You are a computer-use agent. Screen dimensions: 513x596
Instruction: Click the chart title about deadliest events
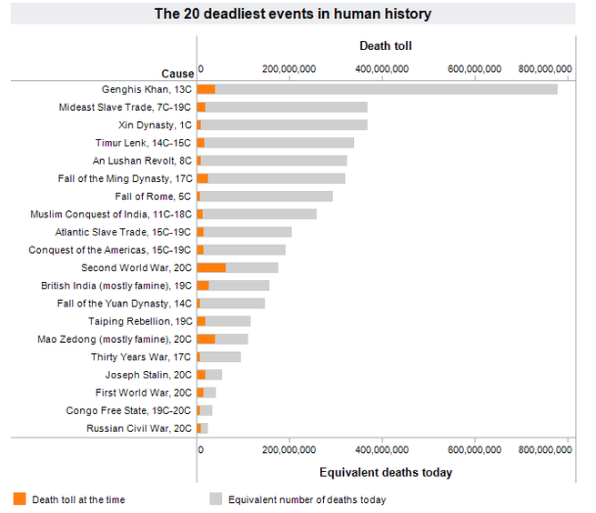tap(292, 14)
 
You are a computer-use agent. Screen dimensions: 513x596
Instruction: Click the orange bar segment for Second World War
tap(212, 267)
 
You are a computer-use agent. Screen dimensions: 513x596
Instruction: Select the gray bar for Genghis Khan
tap(386, 89)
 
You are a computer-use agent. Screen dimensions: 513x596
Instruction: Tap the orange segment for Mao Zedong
tap(207, 338)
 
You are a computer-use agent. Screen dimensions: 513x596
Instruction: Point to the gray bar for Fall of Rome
tap(266, 196)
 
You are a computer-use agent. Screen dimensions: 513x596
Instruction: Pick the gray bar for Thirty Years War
tap(220, 357)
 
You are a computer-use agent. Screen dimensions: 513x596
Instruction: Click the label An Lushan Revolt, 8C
tap(142, 161)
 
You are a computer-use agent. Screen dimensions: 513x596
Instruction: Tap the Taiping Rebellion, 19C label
tap(140, 321)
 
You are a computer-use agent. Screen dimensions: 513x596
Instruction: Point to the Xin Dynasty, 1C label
tap(155, 125)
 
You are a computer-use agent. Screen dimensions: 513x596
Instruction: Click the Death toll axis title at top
tap(386, 45)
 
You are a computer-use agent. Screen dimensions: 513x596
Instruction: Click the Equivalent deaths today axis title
tap(386, 472)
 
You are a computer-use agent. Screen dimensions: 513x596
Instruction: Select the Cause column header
tap(177, 74)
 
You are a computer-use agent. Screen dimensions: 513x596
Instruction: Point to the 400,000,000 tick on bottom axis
tap(383, 448)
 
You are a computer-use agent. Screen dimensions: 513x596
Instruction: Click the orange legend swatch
tap(20, 498)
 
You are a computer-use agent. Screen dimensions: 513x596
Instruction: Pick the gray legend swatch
tap(216, 498)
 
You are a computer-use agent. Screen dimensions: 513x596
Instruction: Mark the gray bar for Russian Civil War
tap(205, 427)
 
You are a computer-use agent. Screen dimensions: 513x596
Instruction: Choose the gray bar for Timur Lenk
tap(279, 143)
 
